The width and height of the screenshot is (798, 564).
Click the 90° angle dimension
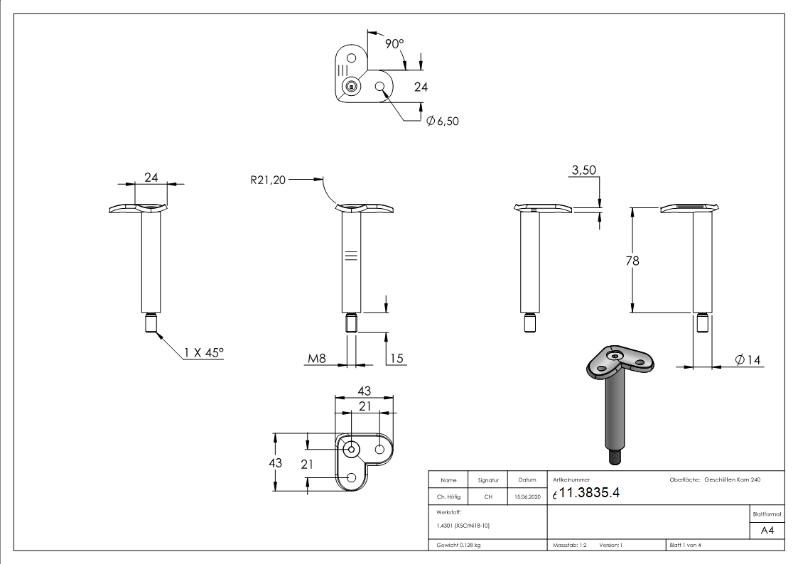pyautogui.click(x=394, y=43)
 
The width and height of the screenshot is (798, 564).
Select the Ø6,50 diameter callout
pyautogui.click(x=443, y=121)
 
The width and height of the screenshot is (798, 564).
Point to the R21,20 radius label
pyautogui.click(x=267, y=180)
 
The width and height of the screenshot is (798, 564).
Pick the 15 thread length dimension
pyautogui.click(x=396, y=359)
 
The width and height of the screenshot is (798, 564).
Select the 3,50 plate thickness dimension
pyautogui.click(x=583, y=170)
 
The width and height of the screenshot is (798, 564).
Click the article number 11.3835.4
pyautogui.click(x=591, y=494)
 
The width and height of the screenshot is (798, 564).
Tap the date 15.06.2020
pyautogui.click(x=526, y=497)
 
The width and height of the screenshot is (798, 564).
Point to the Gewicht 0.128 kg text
pyautogui.click(x=455, y=546)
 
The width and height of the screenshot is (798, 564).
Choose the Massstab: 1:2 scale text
pyautogui.click(x=569, y=546)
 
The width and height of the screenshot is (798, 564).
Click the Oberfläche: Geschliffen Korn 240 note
pyautogui.click(x=715, y=480)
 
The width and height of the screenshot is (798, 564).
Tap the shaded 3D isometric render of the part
pyautogui.click(x=615, y=398)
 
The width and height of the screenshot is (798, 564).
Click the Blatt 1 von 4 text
pyautogui.click(x=685, y=546)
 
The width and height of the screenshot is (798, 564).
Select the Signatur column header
pyautogui.click(x=487, y=480)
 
